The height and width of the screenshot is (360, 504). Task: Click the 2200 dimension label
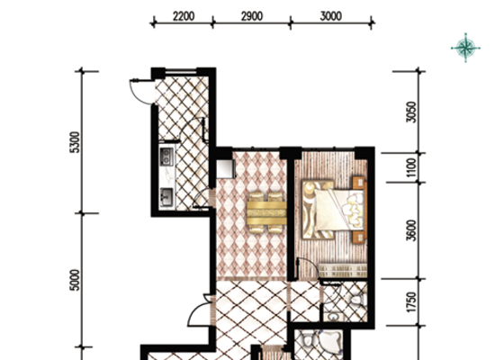tap(184, 16)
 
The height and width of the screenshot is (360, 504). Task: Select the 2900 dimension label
tap(252, 16)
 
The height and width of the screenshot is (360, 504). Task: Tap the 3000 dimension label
tap(331, 16)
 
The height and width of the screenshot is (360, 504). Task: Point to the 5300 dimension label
tap(75, 142)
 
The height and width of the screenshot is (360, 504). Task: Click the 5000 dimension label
tap(75, 280)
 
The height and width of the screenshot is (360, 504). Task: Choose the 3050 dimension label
tap(411, 112)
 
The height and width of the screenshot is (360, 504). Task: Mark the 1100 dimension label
tap(411, 167)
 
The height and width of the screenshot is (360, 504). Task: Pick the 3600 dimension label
tap(411, 230)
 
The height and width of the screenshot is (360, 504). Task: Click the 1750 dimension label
tap(411, 301)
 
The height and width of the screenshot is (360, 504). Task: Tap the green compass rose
tap(466, 48)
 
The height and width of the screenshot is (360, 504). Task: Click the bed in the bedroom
tap(334, 210)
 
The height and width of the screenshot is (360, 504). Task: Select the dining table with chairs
tap(266, 212)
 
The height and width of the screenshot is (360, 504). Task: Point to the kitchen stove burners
tap(166, 157)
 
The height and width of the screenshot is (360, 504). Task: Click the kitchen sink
tap(166, 197)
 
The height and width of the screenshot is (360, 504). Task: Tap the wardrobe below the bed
tap(343, 270)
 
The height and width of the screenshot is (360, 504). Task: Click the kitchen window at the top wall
tap(181, 72)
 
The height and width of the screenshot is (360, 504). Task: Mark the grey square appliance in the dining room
tap(225, 169)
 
